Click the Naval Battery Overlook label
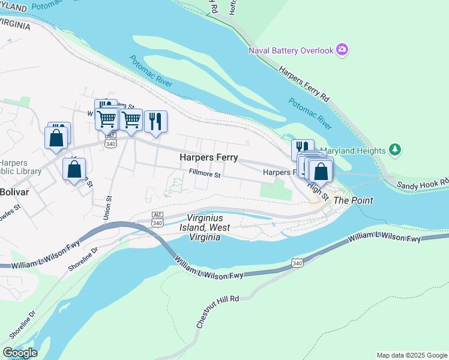click(291, 50)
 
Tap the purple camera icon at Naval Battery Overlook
click(342, 49)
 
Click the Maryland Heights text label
click(354, 150)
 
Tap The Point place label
click(353, 200)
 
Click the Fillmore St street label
click(205, 175)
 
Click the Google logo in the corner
click(20, 353)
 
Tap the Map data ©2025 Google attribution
click(412, 355)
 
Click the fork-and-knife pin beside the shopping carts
click(155, 121)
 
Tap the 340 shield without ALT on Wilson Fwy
click(298, 263)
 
